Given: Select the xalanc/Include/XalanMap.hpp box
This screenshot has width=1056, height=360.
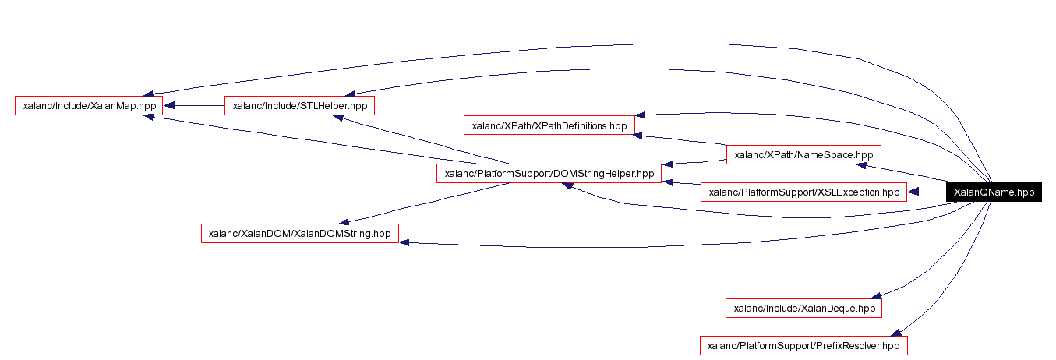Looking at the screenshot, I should [89, 105].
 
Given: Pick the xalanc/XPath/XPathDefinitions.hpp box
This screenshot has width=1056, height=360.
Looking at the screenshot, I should [549, 125].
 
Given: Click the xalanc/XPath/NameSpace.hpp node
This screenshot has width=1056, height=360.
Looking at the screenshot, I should [803, 154].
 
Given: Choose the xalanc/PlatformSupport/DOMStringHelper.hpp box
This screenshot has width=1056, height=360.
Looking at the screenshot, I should [549, 174].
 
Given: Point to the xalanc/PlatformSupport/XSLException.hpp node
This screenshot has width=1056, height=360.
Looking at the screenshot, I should [803, 192].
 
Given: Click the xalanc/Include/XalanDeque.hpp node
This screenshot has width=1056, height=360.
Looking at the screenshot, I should [803, 309].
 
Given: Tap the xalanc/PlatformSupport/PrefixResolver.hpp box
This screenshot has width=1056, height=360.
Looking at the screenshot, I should [803, 345].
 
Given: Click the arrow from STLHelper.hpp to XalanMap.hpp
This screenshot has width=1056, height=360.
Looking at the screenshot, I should [194, 105].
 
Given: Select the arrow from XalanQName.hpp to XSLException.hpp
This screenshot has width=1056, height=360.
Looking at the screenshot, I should [927, 192].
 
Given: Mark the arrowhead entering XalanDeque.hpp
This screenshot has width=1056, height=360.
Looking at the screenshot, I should [876, 295].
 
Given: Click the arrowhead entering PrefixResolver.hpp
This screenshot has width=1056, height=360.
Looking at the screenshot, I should [896, 332].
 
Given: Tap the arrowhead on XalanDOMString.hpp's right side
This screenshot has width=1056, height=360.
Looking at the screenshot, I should [404, 242].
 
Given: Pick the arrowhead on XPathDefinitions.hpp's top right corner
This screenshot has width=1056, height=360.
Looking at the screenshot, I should [640, 115].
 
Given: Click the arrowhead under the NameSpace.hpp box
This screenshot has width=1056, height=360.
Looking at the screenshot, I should [861, 165].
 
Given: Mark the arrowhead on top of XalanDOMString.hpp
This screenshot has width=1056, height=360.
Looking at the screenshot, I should [342, 221].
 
